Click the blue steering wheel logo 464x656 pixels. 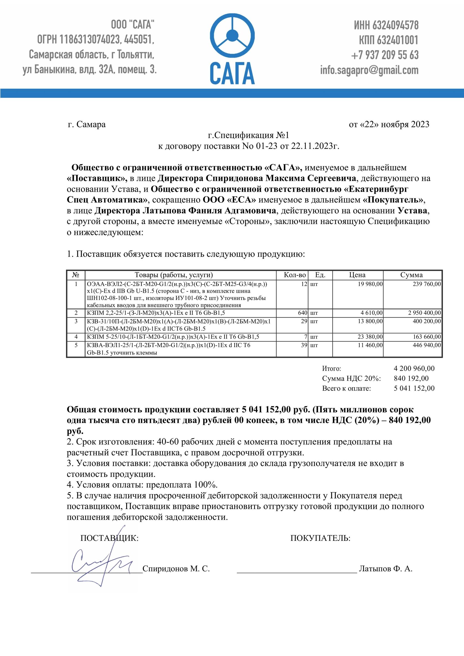click(x=232, y=36)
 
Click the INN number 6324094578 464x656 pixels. click(x=396, y=25)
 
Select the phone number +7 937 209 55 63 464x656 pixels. click(x=384, y=55)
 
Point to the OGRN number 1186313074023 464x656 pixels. click(x=89, y=39)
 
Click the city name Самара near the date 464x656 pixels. click(x=91, y=124)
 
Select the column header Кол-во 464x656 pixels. click(x=295, y=275)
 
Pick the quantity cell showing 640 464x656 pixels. click(x=302, y=313)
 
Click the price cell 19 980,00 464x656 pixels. click(x=370, y=284)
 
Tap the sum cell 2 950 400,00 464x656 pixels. click(x=424, y=313)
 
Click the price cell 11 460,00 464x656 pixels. click(x=370, y=345)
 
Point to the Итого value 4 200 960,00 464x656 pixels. click(x=414, y=368)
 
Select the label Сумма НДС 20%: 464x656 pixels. click(x=351, y=378)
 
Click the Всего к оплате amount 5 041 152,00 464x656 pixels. click(x=414, y=388)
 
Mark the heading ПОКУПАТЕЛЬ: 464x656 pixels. click(x=320, y=538)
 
